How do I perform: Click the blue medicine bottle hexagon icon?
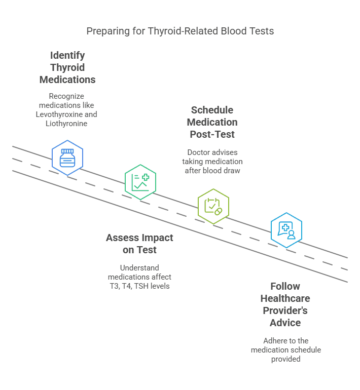[67, 158]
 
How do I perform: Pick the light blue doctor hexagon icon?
[286, 230]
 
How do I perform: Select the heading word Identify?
[67, 55]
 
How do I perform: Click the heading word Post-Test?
[212, 134]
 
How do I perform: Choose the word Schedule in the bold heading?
[212, 110]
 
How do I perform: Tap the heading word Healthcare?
[285, 298]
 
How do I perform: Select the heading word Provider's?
[285, 310]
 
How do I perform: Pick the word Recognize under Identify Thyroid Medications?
[67, 96]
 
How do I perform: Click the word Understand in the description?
[139, 267]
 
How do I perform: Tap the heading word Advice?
[285, 323]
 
